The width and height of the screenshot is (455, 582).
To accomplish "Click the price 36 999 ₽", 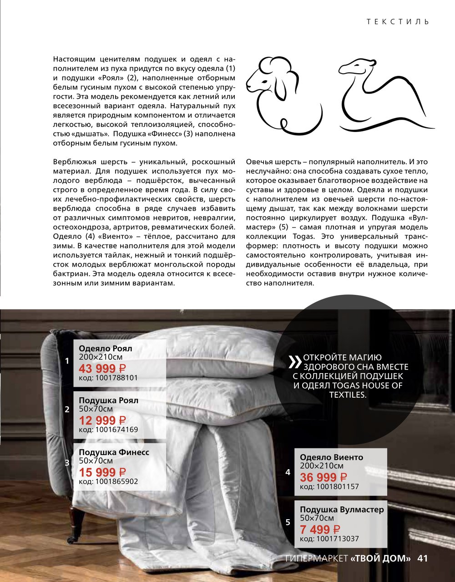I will coord(324,477).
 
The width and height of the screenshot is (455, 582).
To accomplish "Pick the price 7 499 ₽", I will coord(320,529).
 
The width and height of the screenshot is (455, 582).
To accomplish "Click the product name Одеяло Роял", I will coord(106,349).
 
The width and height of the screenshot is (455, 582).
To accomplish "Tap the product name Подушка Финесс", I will coord(114,452).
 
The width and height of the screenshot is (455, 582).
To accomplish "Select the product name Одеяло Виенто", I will coord(332,457).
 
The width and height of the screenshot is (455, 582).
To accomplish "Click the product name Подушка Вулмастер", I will coord(342,509).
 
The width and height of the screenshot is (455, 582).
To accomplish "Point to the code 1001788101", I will coord(108,378).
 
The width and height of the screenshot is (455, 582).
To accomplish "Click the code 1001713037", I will coord(329,539).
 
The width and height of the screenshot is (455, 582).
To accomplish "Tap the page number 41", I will coord(423,558).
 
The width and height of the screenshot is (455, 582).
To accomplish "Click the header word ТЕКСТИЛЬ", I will coord(398,21).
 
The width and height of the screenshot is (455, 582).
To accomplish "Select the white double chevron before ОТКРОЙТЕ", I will coord(295,362).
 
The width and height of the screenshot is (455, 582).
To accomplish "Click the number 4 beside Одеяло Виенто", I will coord(288,472).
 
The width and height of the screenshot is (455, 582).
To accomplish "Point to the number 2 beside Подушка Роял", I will coord(67,409).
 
